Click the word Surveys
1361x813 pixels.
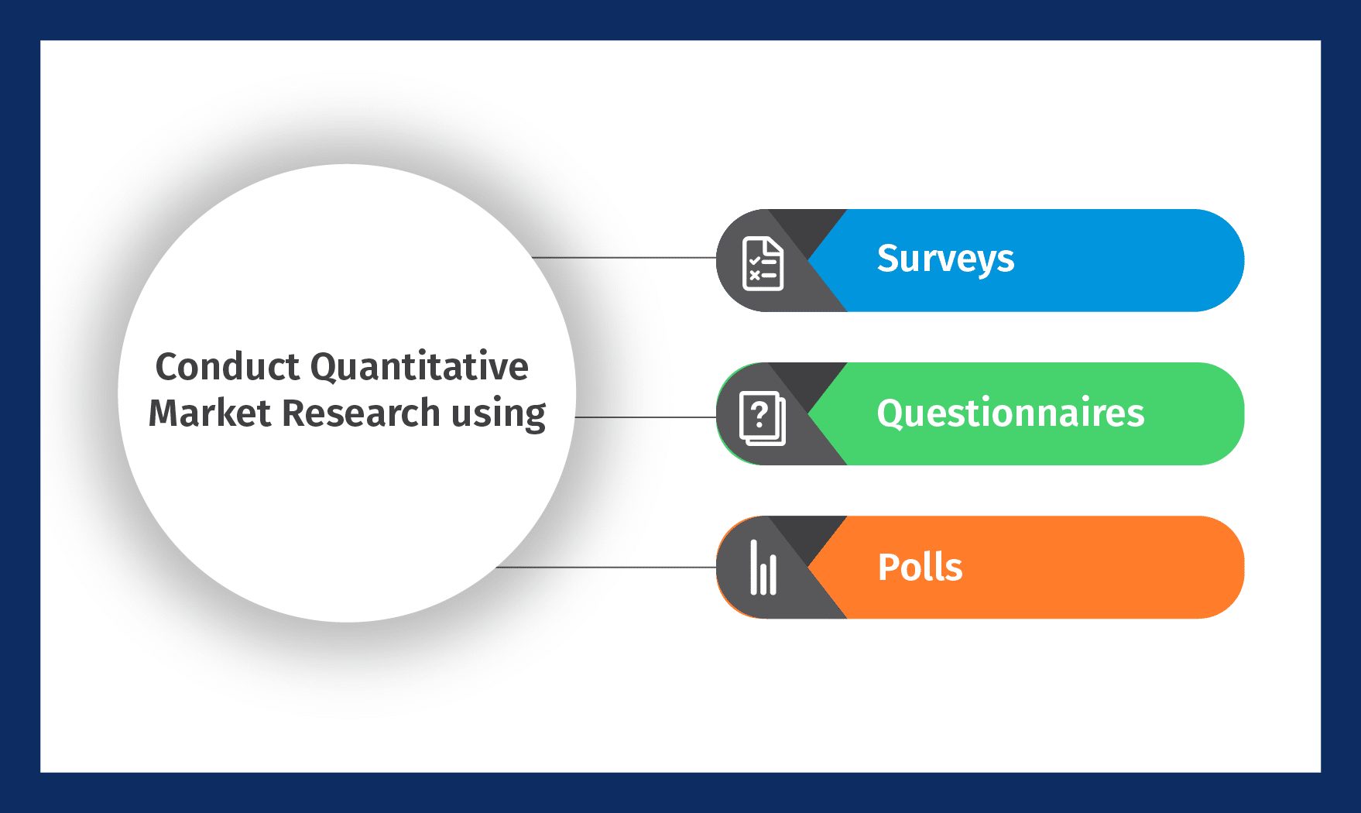(x=945, y=259)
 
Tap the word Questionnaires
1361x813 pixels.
(x=1010, y=413)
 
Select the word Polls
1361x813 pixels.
(x=920, y=567)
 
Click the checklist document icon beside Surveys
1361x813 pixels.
(x=763, y=264)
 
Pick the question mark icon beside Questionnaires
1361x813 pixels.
(x=763, y=418)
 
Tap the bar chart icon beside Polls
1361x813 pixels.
(x=763, y=568)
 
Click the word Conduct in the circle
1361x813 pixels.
(x=228, y=366)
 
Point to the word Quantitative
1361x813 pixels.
(x=420, y=366)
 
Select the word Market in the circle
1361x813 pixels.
(x=210, y=413)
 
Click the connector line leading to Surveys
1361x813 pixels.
(x=624, y=258)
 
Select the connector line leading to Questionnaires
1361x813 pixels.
(x=646, y=417)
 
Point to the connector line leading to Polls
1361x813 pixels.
(x=606, y=568)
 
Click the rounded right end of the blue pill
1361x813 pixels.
(x=1219, y=260)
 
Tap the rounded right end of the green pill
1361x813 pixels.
(x=1219, y=413)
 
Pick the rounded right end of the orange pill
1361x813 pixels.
(x=1219, y=567)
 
